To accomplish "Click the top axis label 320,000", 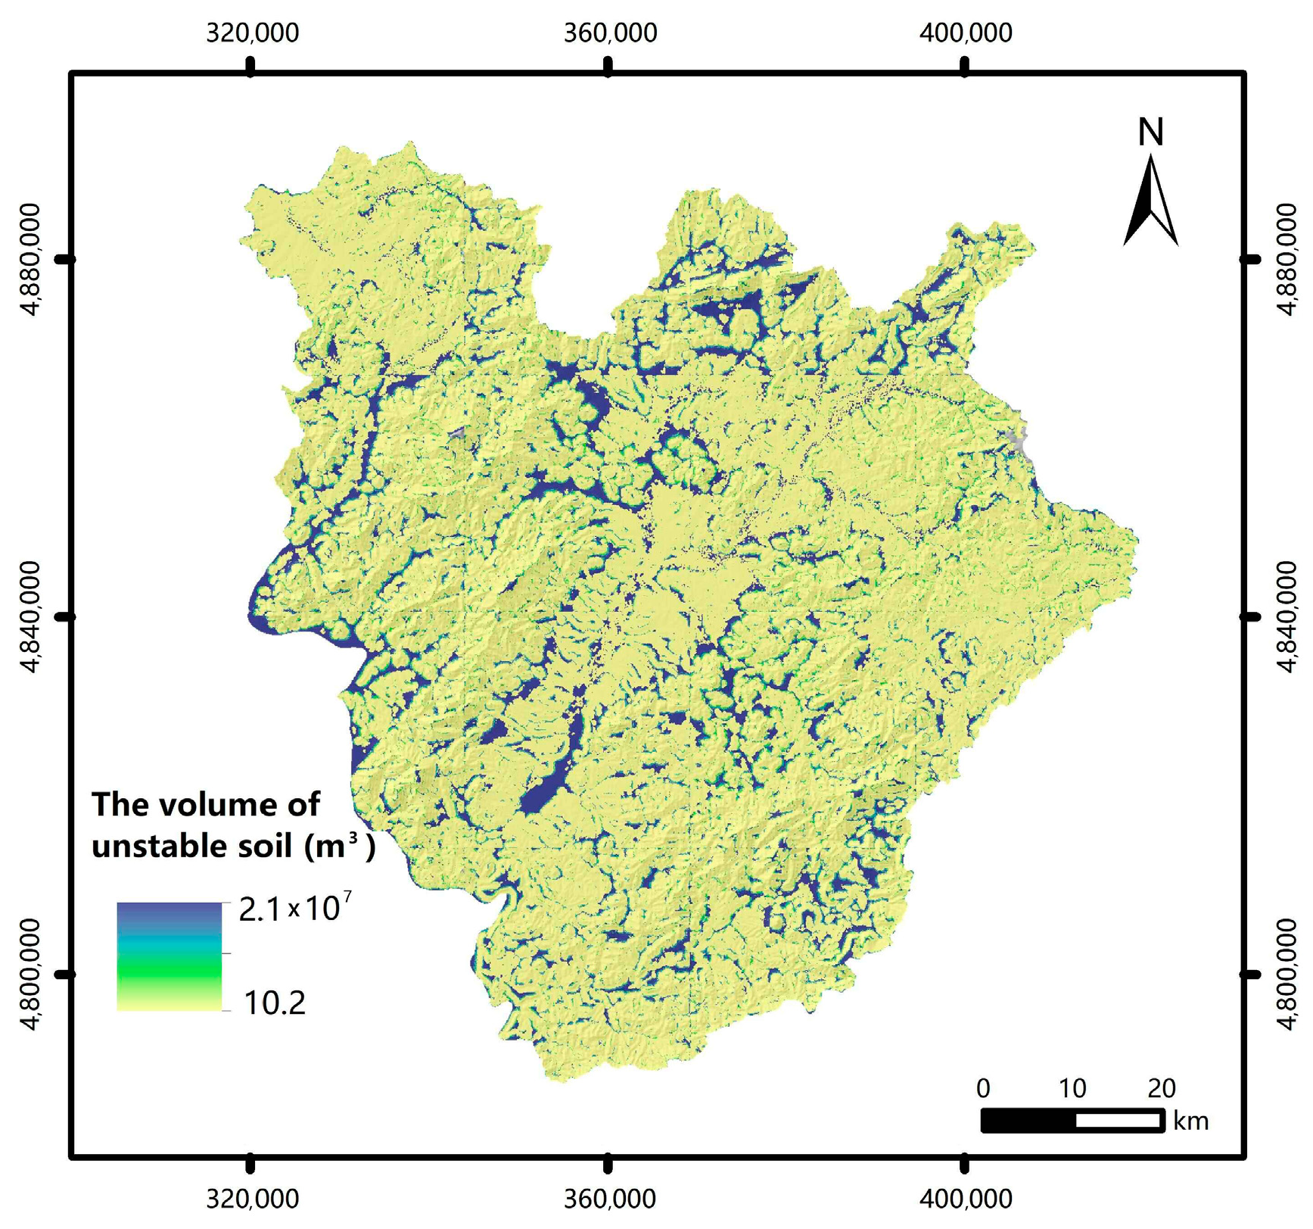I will click(251, 33).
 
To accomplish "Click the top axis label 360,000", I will click(610, 33).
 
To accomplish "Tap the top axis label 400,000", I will click(965, 33).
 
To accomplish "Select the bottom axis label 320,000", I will click(251, 1198).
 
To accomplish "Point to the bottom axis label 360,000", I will click(610, 1198).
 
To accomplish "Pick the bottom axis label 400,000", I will click(965, 1198).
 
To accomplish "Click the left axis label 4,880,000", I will click(30, 259).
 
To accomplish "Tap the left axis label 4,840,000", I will click(30, 617).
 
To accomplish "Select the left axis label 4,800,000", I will click(30, 975).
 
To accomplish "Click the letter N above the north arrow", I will click(1150, 133).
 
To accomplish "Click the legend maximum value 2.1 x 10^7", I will click(294, 908).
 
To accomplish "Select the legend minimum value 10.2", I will click(275, 1003).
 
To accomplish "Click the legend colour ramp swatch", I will click(169, 956).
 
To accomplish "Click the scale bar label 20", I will click(1161, 1089).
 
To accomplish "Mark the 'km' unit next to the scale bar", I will click(1190, 1121).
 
